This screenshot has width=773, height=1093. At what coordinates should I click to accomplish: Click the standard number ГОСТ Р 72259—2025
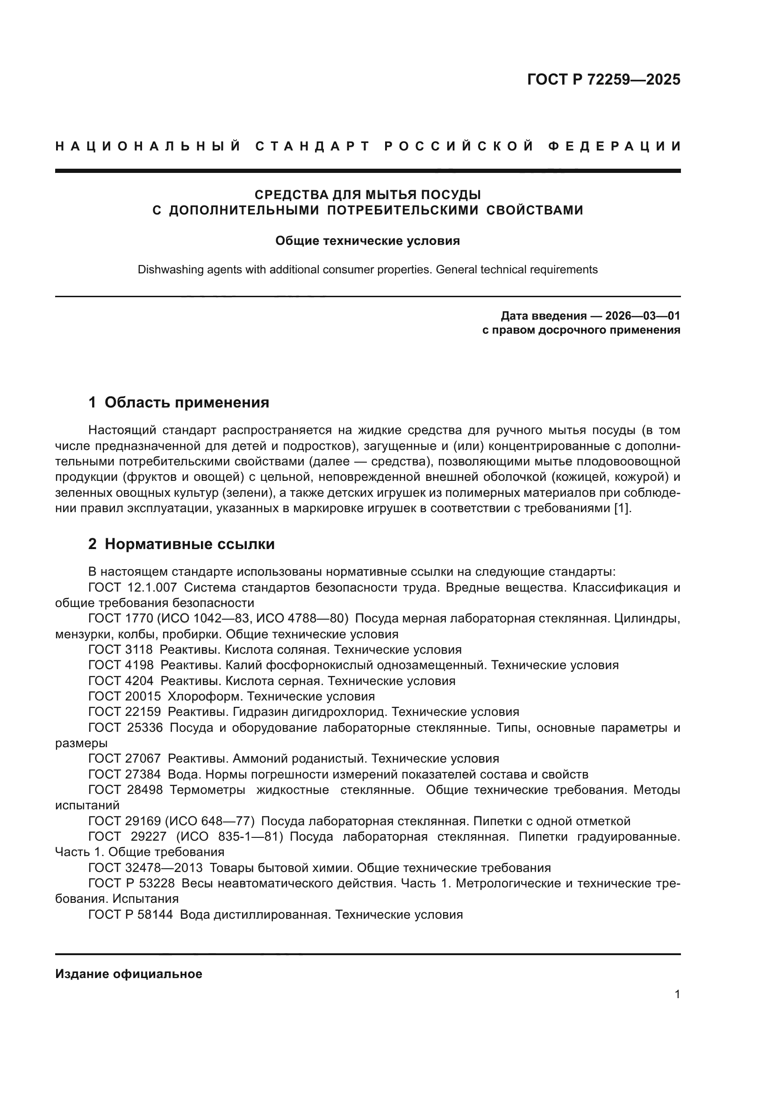tap(603, 79)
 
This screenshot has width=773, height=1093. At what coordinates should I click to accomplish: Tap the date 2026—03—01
tap(642, 315)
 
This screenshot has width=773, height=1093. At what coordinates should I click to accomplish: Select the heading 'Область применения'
tap(186, 403)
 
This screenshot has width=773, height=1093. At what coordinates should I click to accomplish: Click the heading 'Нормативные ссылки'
tap(189, 544)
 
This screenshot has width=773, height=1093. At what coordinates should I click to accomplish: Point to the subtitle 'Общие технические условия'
tap(367, 241)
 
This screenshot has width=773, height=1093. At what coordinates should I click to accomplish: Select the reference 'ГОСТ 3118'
tap(121, 650)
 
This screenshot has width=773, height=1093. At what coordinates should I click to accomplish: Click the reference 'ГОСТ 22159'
tap(124, 712)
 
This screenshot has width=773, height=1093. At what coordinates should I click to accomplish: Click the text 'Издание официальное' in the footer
tap(129, 974)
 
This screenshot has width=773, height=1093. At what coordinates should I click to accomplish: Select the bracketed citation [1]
tap(622, 508)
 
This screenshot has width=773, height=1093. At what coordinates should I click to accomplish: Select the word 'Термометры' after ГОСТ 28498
tap(208, 790)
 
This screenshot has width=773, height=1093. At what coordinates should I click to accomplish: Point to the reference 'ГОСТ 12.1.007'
tap(133, 587)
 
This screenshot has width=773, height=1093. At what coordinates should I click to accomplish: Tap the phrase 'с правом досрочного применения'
tap(581, 330)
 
